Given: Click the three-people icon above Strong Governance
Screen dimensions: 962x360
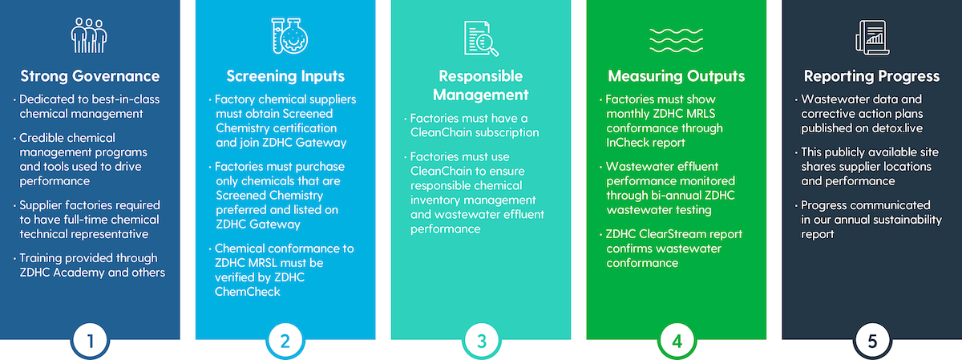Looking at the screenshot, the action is coord(89,35).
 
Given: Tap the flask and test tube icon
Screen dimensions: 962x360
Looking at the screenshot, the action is coord(289,35).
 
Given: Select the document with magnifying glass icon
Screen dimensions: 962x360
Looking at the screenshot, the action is coord(481,38).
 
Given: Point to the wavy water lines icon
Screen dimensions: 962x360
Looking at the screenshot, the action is coord(676,40).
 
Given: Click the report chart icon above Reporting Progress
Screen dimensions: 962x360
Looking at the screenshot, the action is coord(872,38).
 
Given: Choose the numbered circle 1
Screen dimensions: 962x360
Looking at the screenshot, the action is coord(90,341).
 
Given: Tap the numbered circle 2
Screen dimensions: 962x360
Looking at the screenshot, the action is coord(285,341).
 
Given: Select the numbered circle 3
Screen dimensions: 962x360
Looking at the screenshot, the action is coord(481,341).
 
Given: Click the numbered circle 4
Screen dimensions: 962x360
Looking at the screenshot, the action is coord(677,341).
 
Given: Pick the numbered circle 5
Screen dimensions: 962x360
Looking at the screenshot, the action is coord(872,341).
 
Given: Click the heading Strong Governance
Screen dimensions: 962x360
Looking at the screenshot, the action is coord(90,76).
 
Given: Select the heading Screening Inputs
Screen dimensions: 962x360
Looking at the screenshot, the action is coord(285,76).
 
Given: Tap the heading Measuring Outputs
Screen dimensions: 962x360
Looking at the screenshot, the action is coord(677,76).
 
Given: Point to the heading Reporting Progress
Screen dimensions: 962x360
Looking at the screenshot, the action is coord(872,76).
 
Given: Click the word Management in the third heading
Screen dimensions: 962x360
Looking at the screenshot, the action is coord(480,95).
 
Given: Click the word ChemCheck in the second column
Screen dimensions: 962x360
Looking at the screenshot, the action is coord(248,292).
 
